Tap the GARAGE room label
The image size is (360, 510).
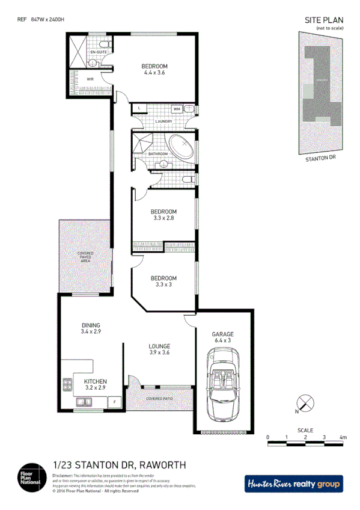pyautogui.click(x=222, y=334)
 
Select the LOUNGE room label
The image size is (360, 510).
pyautogui.click(x=159, y=346)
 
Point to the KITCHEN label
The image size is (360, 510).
pyautogui.click(x=96, y=381)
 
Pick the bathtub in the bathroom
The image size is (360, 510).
pyautogui.click(x=181, y=147)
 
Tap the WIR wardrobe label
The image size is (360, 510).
pyautogui.click(x=90, y=79)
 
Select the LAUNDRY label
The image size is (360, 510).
pyautogui.click(x=163, y=121)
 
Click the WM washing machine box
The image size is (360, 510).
pyautogui.click(x=177, y=108)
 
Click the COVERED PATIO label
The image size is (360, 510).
pyautogui.click(x=159, y=399)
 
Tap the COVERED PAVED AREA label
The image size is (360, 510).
pyautogui.click(x=85, y=257)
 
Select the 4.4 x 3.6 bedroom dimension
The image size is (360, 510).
pyautogui.click(x=154, y=73)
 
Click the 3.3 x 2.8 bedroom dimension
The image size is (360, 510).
pyautogui.click(x=163, y=218)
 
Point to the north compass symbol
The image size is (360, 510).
pyautogui.click(x=305, y=404)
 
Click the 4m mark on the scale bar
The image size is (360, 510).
pyautogui.click(x=343, y=437)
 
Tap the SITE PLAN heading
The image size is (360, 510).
pyautogui.click(x=324, y=19)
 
